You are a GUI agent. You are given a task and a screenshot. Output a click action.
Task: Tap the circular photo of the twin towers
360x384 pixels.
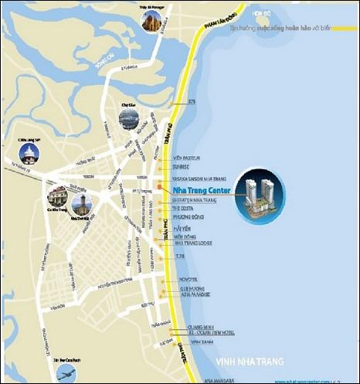coord(259,195)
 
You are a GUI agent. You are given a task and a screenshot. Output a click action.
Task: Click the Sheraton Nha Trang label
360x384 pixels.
coord(189,199)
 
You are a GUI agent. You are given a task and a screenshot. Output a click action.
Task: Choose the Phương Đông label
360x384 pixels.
coord(186,217)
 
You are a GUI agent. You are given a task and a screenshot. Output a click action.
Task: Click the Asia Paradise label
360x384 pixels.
coord(188,295)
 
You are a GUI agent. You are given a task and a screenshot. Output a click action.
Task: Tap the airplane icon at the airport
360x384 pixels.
coord(68,372)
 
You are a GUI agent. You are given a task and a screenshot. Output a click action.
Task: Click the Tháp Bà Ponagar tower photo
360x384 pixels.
coord(151,21)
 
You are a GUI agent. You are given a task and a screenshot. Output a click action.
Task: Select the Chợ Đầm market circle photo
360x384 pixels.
coord(129,118)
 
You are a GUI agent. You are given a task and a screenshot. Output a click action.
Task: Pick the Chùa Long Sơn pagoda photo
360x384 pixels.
coord(29,153)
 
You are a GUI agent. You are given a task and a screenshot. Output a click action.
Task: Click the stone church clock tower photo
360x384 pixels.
coord(82,203)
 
